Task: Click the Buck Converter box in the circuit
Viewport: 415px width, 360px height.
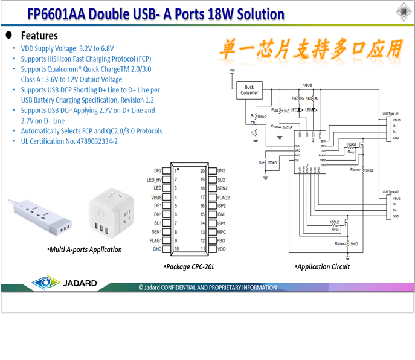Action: pos(249,91)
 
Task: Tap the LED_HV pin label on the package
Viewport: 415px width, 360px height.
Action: pos(154,179)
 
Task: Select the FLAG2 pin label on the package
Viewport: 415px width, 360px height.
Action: pos(224,197)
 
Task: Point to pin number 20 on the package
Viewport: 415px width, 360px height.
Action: pos(204,171)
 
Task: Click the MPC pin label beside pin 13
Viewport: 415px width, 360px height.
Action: pos(221,232)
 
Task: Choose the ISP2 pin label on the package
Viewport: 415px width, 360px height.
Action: pos(222,206)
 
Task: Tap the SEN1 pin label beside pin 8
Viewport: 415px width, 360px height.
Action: pos(156,232)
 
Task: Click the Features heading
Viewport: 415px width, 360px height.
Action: pos(39,35)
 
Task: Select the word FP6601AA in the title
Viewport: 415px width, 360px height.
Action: pos(56,13)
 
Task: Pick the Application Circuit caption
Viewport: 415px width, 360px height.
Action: pos(322,266)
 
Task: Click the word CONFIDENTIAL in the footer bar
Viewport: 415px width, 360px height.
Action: pos(193,288)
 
